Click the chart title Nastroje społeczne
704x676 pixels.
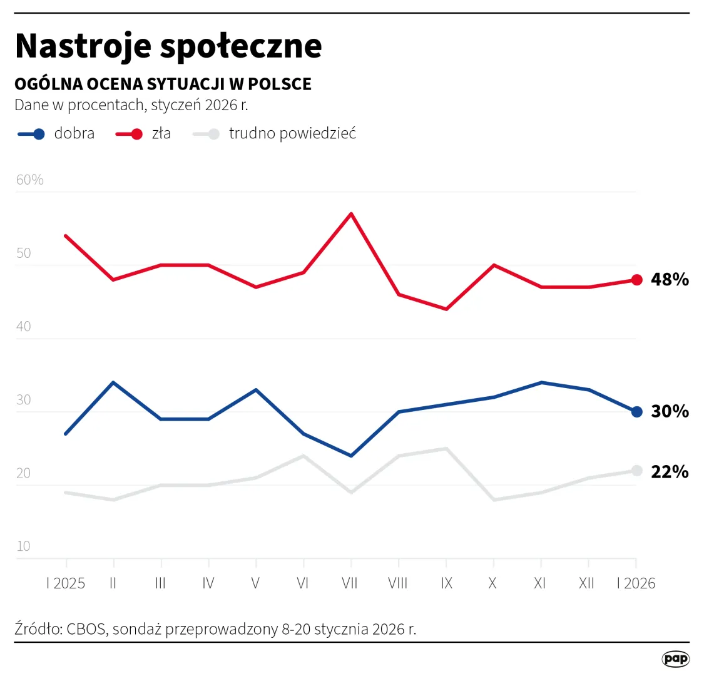tap(168, 46)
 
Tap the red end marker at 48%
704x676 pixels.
tap(636, 280)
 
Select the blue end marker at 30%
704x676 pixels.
tap(636, 412)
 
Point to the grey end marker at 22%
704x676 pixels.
tap(636, 471)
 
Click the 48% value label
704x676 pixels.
tap(670, 280)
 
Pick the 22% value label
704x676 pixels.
tap(670, 472)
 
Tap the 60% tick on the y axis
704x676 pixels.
tap(29, 180)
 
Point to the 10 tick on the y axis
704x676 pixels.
tap(23, 546)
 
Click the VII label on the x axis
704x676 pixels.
tap(350, 583)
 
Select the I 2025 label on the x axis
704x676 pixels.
tap(66, 583)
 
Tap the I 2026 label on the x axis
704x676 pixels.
tap(636, 583)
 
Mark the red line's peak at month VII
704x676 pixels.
tap(351, 214)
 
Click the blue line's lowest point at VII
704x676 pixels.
tap(351, 456)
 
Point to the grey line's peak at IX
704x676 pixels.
tap(446, 448)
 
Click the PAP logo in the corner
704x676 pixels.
tap(675, 658)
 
